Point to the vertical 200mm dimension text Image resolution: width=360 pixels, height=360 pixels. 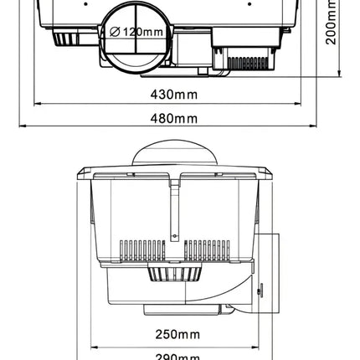click(332, 24)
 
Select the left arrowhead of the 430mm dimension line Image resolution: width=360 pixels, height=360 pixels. click(38, 104)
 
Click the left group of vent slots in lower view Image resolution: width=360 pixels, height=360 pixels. click(141, 249)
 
